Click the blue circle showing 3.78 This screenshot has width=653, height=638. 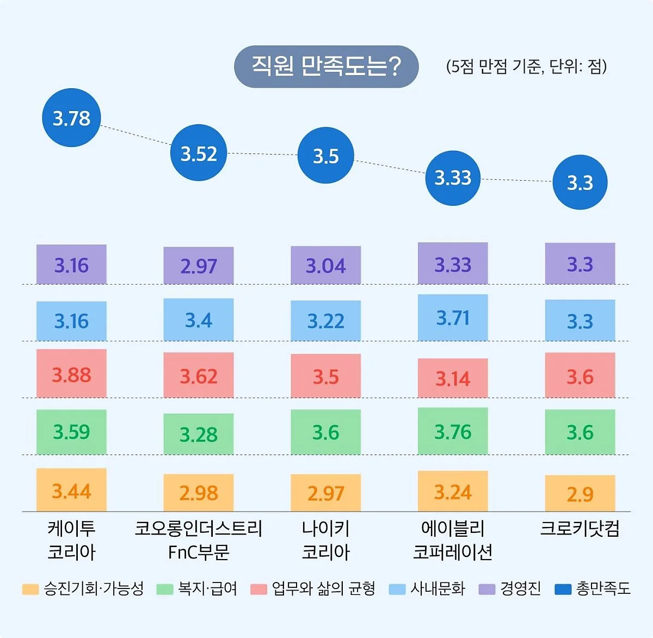(x=71, y=118)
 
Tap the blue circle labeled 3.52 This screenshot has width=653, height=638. (x=199, y=153)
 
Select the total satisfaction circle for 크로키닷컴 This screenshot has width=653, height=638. (x=580, y=182)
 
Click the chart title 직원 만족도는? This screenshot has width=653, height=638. (x=326, y=66)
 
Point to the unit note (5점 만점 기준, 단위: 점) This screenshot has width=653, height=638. (x=526, y=66)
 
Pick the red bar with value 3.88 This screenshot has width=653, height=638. (x=71, y=374)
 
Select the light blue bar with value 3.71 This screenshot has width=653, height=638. (x=453, y=317)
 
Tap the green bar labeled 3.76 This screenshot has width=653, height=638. (x=453, y=431)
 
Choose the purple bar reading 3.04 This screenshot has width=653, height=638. (x=325, y=265)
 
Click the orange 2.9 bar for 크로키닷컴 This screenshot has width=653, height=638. (x=580, y=493)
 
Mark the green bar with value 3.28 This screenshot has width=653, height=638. (x=199, y=434)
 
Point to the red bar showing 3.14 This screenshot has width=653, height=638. (x=453, y=378)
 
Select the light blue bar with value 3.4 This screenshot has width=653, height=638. (x=199, y=320)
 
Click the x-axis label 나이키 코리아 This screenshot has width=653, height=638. (x=325, y=540)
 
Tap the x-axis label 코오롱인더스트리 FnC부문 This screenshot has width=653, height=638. (x=199, y=540)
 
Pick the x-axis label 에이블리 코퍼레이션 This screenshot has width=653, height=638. (x=453, y=540)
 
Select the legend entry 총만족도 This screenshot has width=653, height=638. (x=593, y=588)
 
